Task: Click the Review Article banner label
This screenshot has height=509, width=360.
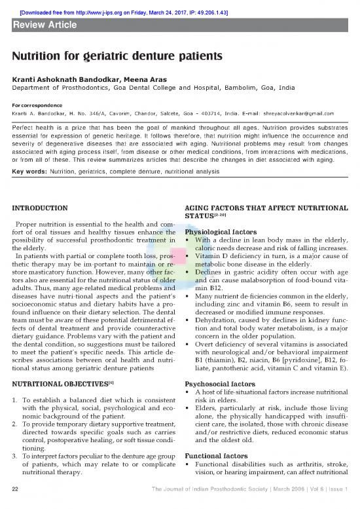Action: click(x=45, y=25)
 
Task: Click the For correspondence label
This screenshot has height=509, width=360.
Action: click(x=37, y=103)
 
